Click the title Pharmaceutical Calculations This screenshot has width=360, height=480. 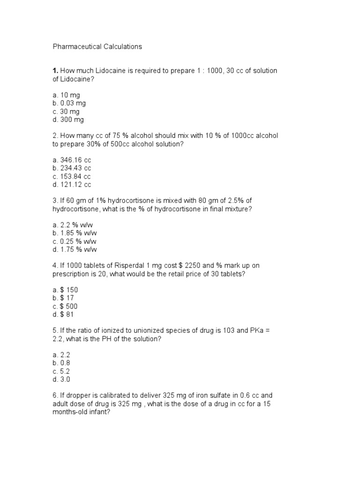(x=97, y=47)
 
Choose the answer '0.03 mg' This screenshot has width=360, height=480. (x=69, y=103)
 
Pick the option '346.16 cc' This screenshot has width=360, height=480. (x=71, y=160)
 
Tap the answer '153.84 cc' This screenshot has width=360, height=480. (x=71, y=177)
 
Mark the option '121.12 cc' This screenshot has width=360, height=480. (x=71, y=185)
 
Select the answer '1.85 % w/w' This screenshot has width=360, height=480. (x=75, y=233)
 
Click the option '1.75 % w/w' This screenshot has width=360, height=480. (x=75, y=250)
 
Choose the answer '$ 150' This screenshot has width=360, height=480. (x=65, y=290)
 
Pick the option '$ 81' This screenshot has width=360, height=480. (x=63, y=315)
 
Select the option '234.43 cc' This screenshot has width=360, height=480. (x=71, y=168)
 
